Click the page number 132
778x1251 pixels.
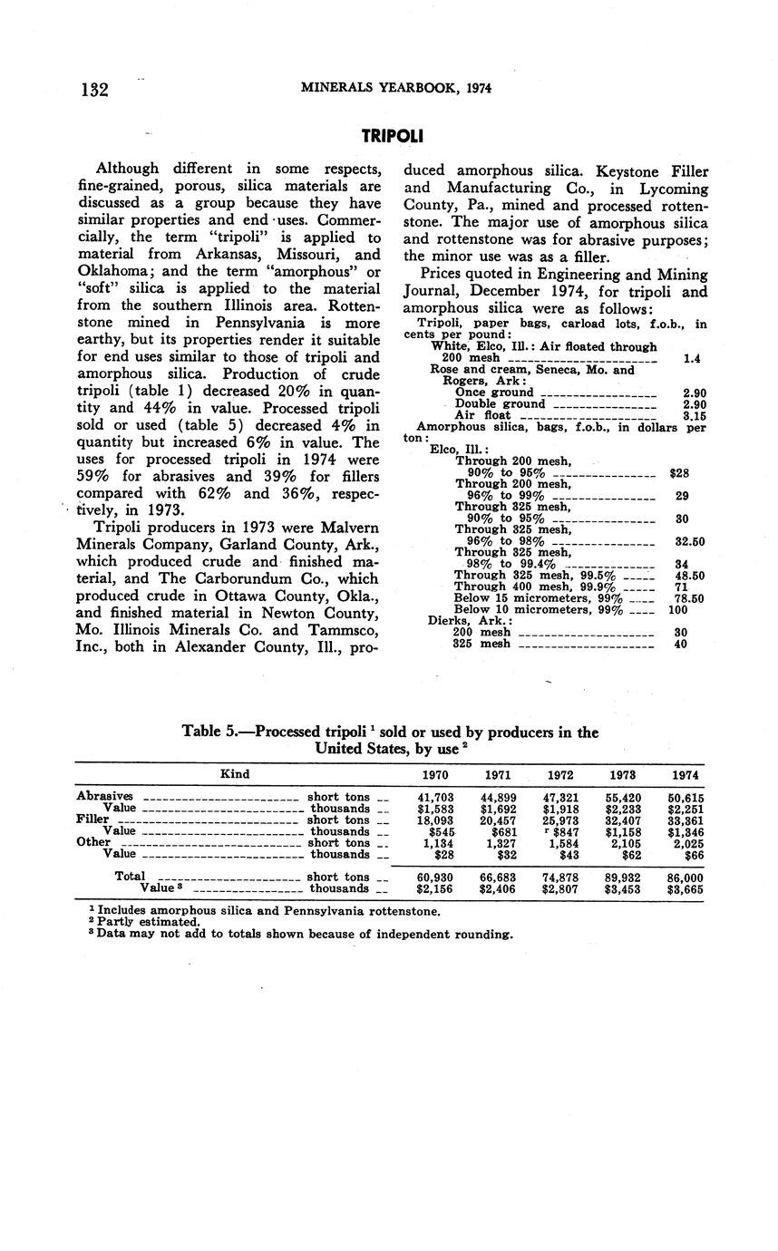(x=94, y=89)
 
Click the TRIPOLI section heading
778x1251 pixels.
(x=392, y=137)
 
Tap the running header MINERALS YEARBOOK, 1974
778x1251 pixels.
(x=396, y=88)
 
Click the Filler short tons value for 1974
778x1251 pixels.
(x=686, y=820)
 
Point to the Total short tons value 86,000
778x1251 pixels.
(x=686, y=878)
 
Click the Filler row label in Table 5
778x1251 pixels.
(x=92, y=819)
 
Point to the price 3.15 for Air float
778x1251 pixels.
(x=693, y=416)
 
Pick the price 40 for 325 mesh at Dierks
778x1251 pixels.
(x=680, y=645)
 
